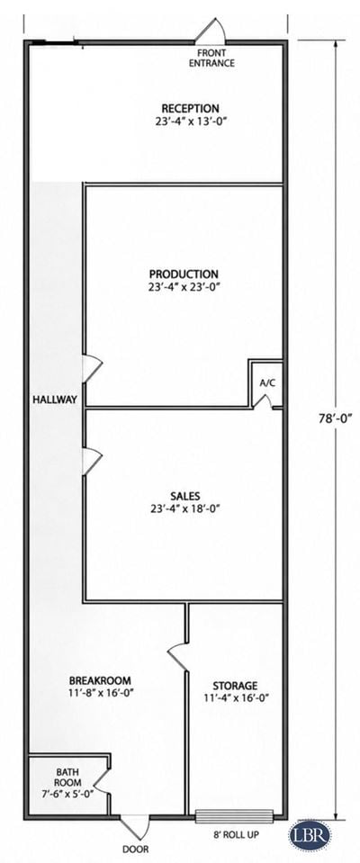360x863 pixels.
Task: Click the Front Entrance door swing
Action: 211,31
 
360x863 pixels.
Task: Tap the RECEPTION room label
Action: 190,108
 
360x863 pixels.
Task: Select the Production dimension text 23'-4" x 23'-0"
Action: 184,286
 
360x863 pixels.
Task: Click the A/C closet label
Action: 267,383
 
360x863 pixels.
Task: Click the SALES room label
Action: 185,495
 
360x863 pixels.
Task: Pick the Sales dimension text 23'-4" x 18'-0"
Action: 185,509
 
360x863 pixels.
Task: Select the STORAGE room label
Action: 235,686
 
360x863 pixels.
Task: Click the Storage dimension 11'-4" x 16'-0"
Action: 235,699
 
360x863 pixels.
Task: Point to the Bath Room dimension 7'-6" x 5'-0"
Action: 67,793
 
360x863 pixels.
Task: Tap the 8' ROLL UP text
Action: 235,835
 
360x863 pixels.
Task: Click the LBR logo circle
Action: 310,834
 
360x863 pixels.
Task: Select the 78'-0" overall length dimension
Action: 335,418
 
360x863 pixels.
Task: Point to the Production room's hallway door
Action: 93,368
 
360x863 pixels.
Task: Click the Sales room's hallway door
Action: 93,461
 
